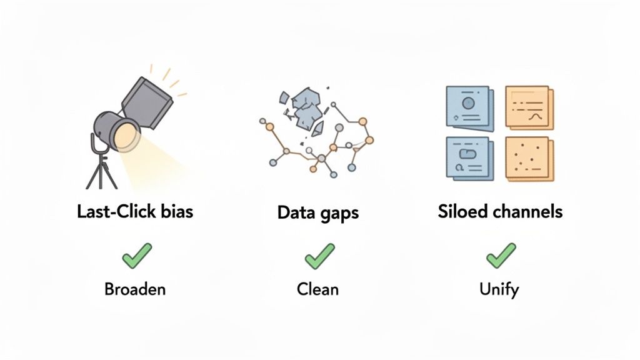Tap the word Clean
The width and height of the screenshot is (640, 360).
(317, 290)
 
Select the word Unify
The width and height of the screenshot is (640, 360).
(499, 290)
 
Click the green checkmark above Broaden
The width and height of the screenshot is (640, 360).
(137, 256)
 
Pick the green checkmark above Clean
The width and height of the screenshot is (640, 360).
(320, 256)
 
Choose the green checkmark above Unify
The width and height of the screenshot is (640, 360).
(501, 256)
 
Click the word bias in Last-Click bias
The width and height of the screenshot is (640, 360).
(177, 211)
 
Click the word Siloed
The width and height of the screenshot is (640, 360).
(460, 211)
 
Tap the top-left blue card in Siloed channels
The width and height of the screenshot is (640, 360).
(468, 108)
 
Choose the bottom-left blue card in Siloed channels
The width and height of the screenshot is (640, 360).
(468, 159)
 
